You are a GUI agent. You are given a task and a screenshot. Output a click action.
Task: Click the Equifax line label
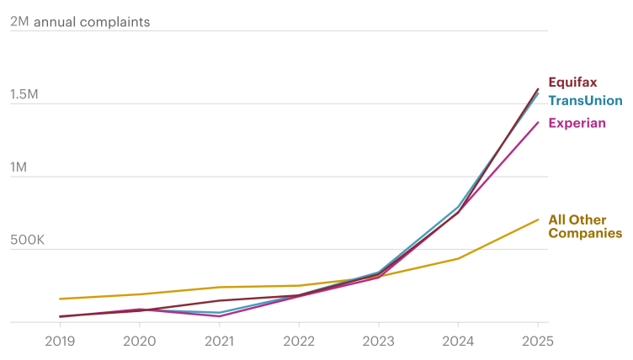(572, 82)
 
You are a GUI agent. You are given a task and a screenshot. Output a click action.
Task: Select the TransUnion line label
(585, 101)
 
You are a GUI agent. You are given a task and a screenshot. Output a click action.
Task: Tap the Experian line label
(577, 123)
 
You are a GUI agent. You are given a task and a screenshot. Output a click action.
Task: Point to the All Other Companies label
(585, 226)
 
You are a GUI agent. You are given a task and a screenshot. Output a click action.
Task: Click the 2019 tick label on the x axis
(59, 341)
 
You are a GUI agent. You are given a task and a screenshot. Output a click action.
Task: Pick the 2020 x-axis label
(139, 341)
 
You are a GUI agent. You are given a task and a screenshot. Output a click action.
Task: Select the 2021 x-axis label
(219, 341)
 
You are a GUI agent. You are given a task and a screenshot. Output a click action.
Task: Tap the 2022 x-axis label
(299, 341)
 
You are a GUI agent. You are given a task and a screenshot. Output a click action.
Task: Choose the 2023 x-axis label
(378, 341)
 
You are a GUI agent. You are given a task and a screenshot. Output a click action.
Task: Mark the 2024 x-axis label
(458, 341)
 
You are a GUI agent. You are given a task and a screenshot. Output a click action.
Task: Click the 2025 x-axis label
(537, 341)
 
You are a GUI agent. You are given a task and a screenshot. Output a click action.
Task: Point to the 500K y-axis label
(27, 241)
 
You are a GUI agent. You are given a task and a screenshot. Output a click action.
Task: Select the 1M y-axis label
(19, 167)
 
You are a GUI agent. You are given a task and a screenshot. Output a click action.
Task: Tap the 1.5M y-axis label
(24, 94)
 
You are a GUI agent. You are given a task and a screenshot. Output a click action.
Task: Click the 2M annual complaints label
(80, 22)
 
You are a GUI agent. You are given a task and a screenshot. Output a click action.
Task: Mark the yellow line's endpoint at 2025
(538, 220)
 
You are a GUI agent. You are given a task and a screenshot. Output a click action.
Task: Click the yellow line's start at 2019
(60, 299)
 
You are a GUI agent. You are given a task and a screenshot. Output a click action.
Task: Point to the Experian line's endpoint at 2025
(538, 123)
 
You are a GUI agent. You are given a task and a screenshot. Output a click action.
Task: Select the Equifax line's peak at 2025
(538, 88)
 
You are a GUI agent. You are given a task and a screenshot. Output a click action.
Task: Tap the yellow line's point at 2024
(458, 258)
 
